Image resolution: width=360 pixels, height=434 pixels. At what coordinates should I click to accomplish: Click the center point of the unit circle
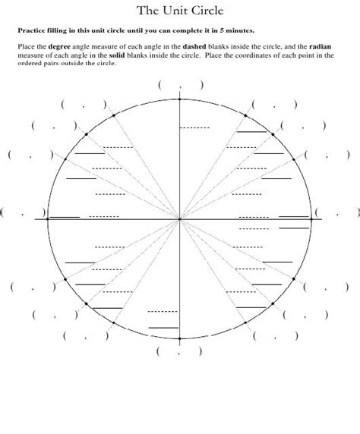click(x=180, y=219)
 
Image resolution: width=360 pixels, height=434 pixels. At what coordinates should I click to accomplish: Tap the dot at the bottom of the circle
click(x=180, y=338)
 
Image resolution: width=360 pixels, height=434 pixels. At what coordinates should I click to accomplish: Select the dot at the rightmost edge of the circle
click(x=312, y=219)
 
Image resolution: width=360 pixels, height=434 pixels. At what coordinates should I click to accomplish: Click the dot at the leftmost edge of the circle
click(x=48, y=219)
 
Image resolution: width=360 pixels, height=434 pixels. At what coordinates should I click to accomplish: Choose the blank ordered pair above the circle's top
click(x=180, y=86)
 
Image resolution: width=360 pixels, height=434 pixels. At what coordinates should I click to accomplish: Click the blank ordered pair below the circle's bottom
click(x=179, y=352)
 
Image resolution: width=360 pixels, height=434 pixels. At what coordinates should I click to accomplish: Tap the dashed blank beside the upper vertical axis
click(x=195, y=127)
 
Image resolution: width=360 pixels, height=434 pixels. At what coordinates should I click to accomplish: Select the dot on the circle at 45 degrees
click(x=274, y=134)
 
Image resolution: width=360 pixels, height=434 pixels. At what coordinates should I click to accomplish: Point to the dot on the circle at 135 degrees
click(x=86, y=134)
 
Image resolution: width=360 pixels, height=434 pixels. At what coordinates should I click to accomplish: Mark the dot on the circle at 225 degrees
click(x=86, y=303)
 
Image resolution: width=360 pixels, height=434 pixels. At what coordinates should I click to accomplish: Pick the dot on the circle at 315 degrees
click(x=274, y=303)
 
